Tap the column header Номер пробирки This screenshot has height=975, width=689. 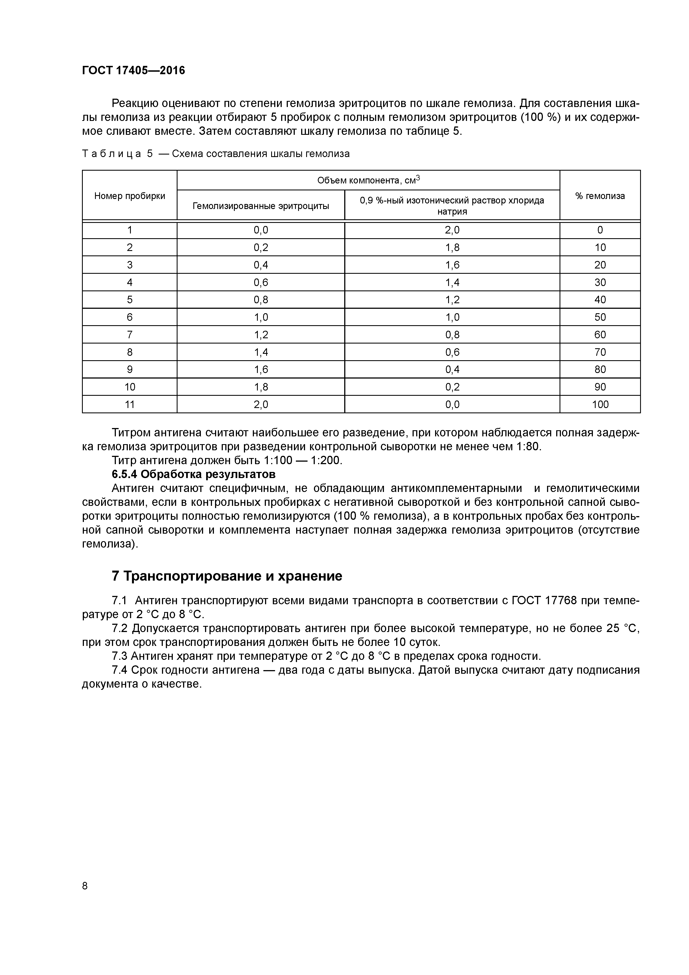pyautogui.click(x=129, y=196)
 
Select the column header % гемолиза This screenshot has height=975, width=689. pyautogui.click(x=600, y=196)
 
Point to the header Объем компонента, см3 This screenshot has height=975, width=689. pyautogui.click(x=368, y=180)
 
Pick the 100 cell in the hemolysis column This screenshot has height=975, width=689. pyautogui.click(x=600, y=404)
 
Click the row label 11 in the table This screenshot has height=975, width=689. pyautogui.click(x=129, y=404)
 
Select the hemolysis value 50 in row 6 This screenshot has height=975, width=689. pyautogui.click(x=600, y=317)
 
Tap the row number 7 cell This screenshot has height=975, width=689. pyautogui.click(x=129, y=335)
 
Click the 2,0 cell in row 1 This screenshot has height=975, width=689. pyautogui.click(x=452, y=230)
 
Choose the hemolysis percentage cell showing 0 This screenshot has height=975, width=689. pyautogui.click(x=600, y=230)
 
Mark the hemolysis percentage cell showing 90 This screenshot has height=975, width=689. pyautogui.click(x=600, y=387)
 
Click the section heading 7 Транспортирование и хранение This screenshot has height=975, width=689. pyautogui.click(x=227, y=576)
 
